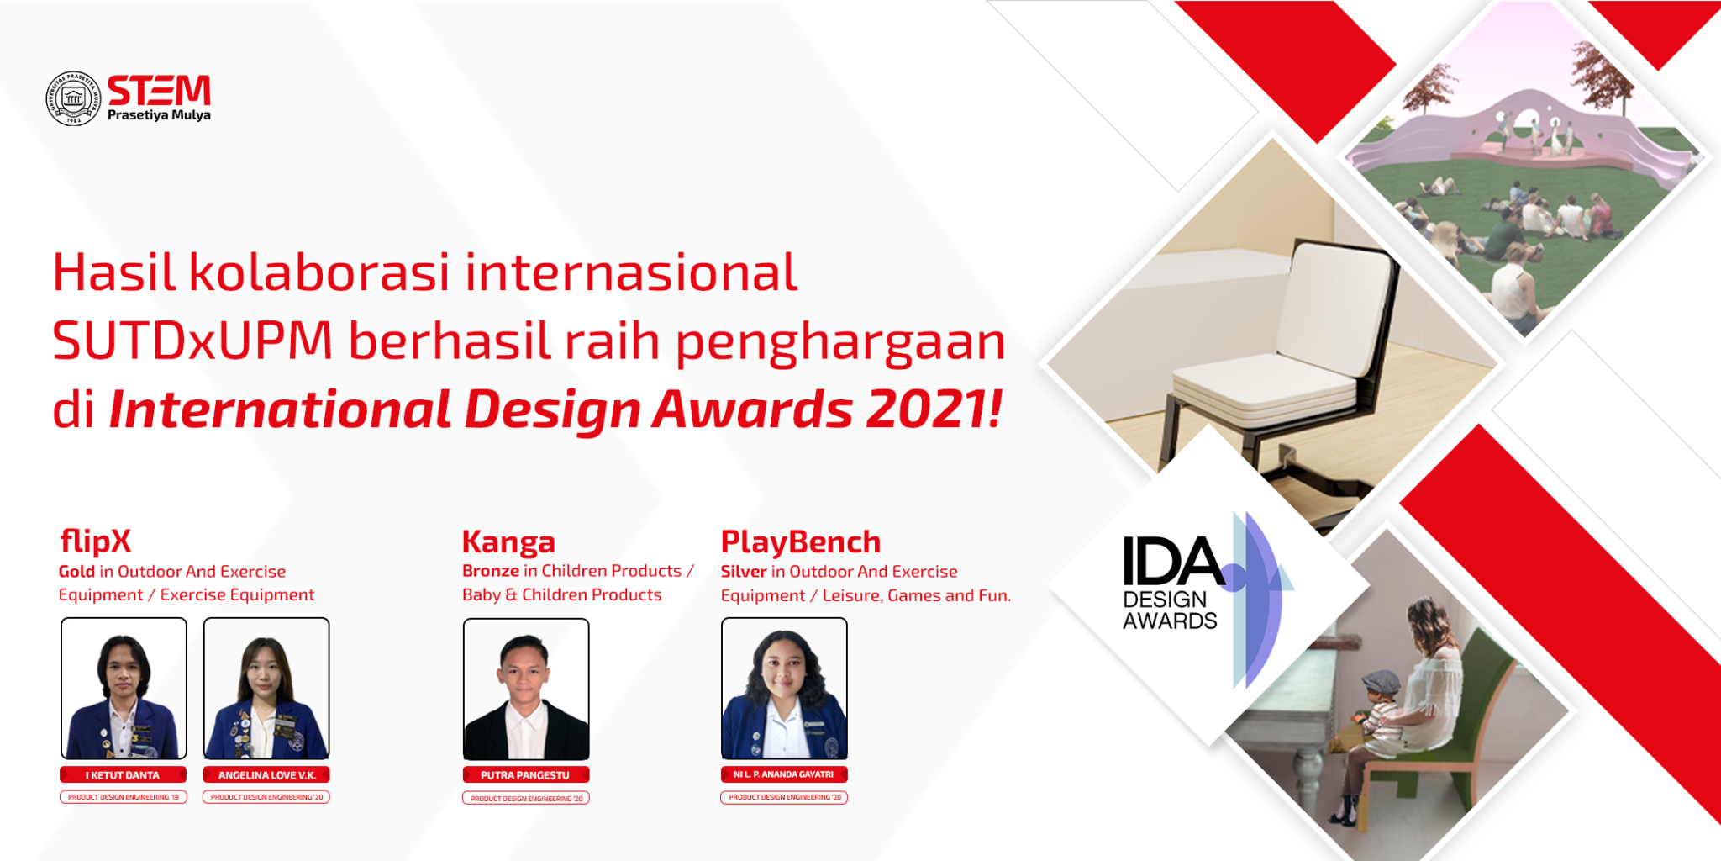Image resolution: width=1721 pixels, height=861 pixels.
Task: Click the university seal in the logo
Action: (72, 98)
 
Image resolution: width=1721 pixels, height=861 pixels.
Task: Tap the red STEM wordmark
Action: (159, 90)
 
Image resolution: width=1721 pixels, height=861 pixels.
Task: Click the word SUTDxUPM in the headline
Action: (193, 341)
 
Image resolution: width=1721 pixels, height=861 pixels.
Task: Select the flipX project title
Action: (96, 541)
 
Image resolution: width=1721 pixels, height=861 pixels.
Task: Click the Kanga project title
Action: (508, 542)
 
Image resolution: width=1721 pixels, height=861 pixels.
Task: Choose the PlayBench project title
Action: (801, 542)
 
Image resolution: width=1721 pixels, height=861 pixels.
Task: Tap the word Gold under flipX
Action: (76, 572)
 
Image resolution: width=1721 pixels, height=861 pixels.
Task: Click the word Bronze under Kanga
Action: (491, 571)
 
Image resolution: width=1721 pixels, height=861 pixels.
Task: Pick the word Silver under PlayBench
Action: (744, 572)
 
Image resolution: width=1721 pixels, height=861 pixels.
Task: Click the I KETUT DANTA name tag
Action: (123, 775)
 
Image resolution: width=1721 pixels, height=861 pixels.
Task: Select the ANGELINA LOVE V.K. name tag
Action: (266, 775)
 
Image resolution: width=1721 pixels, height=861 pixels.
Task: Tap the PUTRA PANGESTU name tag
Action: (525, 775)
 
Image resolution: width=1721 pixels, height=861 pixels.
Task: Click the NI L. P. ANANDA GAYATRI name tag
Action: (784, 774)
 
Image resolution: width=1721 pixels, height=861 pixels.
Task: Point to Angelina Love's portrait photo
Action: (266, 689)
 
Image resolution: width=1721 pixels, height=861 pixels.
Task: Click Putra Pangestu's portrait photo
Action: (526, 689)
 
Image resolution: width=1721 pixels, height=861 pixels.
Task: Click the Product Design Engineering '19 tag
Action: (123, 797)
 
